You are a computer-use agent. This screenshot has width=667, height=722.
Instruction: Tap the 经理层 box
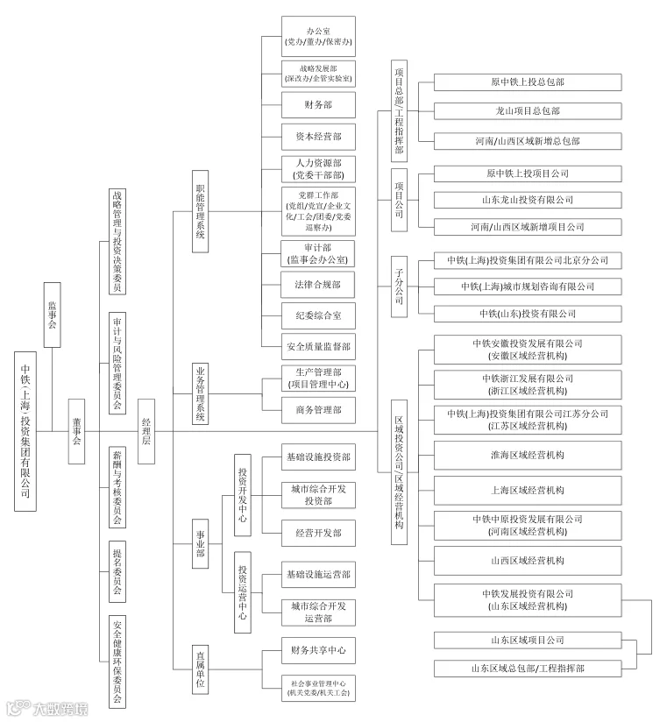tap(146, 429)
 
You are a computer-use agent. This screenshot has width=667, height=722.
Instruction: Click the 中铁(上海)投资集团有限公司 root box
tap(25, 430)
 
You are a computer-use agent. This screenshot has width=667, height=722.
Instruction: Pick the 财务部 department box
tap(318, 105)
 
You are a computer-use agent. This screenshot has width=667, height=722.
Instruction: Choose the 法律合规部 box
tap(318, 285)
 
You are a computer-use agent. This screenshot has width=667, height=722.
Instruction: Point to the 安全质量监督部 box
tap(318, 347)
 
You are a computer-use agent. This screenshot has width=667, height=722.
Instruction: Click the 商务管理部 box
tap(318, 409)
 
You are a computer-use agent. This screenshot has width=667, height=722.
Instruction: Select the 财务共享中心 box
tap(318, 650)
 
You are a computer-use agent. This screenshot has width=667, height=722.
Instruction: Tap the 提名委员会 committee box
tap(117, 573)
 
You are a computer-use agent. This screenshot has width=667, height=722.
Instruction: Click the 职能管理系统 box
tap(201, 210)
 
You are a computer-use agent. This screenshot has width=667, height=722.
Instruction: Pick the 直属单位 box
tap(201, 669)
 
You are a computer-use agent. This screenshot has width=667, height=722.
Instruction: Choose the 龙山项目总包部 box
tap(527, 110)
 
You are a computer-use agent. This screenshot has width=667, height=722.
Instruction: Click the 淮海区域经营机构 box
tap(527, 455)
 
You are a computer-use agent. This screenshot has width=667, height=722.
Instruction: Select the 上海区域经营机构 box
tap(527, 491)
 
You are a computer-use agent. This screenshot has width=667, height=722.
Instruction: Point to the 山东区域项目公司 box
tap(527, 641)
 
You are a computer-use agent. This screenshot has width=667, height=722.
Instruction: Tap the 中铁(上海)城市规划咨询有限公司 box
tap(527, 287)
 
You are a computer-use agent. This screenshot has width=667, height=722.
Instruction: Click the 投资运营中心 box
tap(243, 591)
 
